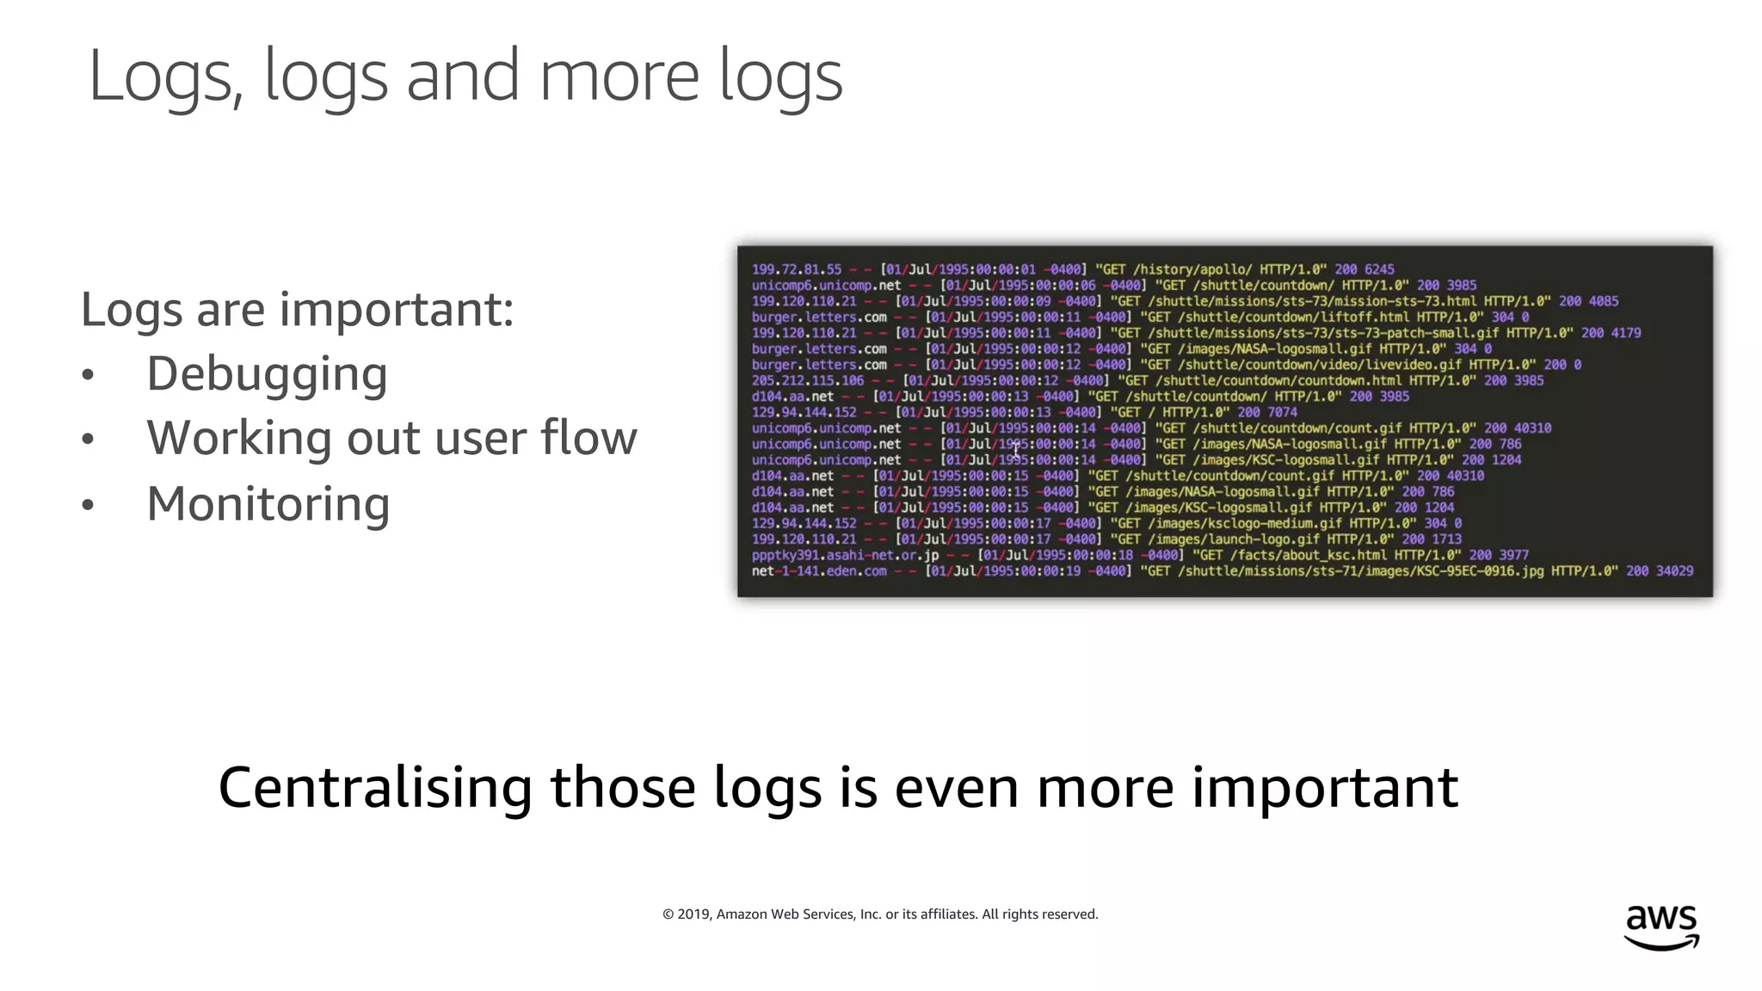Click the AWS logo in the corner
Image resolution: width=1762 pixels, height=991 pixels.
[x=1661, y=926]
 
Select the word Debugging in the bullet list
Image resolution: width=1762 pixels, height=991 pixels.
[x=267, y=374]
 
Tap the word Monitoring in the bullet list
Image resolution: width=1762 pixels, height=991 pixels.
[x=268, y=504]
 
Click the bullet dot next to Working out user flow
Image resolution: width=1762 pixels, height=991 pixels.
[x=88, y=440]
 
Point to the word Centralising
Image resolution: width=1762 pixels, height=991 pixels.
[x=375, y=788]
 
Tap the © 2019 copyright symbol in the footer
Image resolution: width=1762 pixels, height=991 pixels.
[x=668, y=914]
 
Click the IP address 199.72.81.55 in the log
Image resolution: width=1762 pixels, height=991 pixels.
[x=796, y=269]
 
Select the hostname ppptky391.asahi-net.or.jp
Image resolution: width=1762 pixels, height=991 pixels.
[x=845, y=555]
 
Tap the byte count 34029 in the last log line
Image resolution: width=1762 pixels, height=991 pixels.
[x=1673, y=570]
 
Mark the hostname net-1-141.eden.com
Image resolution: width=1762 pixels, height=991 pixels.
[x=818, y=570]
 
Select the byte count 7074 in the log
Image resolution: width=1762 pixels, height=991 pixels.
[x=1282, y=412]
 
